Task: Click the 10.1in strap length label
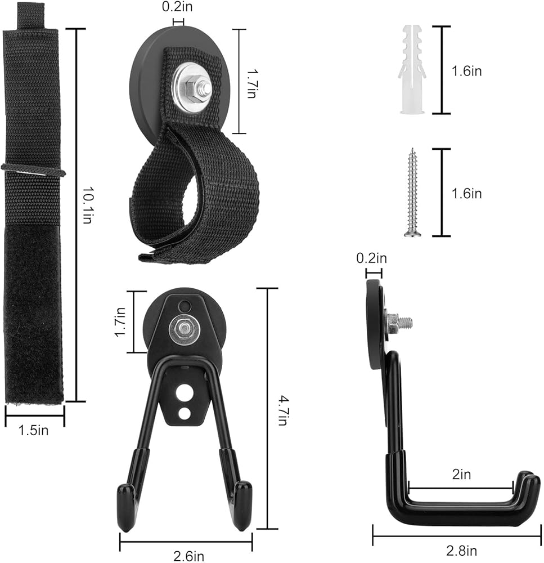[88, 205]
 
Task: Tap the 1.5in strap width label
[33, 430]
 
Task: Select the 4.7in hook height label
[283, 410]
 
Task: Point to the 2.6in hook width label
[189, 556]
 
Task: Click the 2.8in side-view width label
[461, 551]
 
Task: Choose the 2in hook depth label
[461, 474]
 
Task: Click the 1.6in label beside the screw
[466, 194]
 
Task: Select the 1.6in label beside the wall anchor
[466, 71]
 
